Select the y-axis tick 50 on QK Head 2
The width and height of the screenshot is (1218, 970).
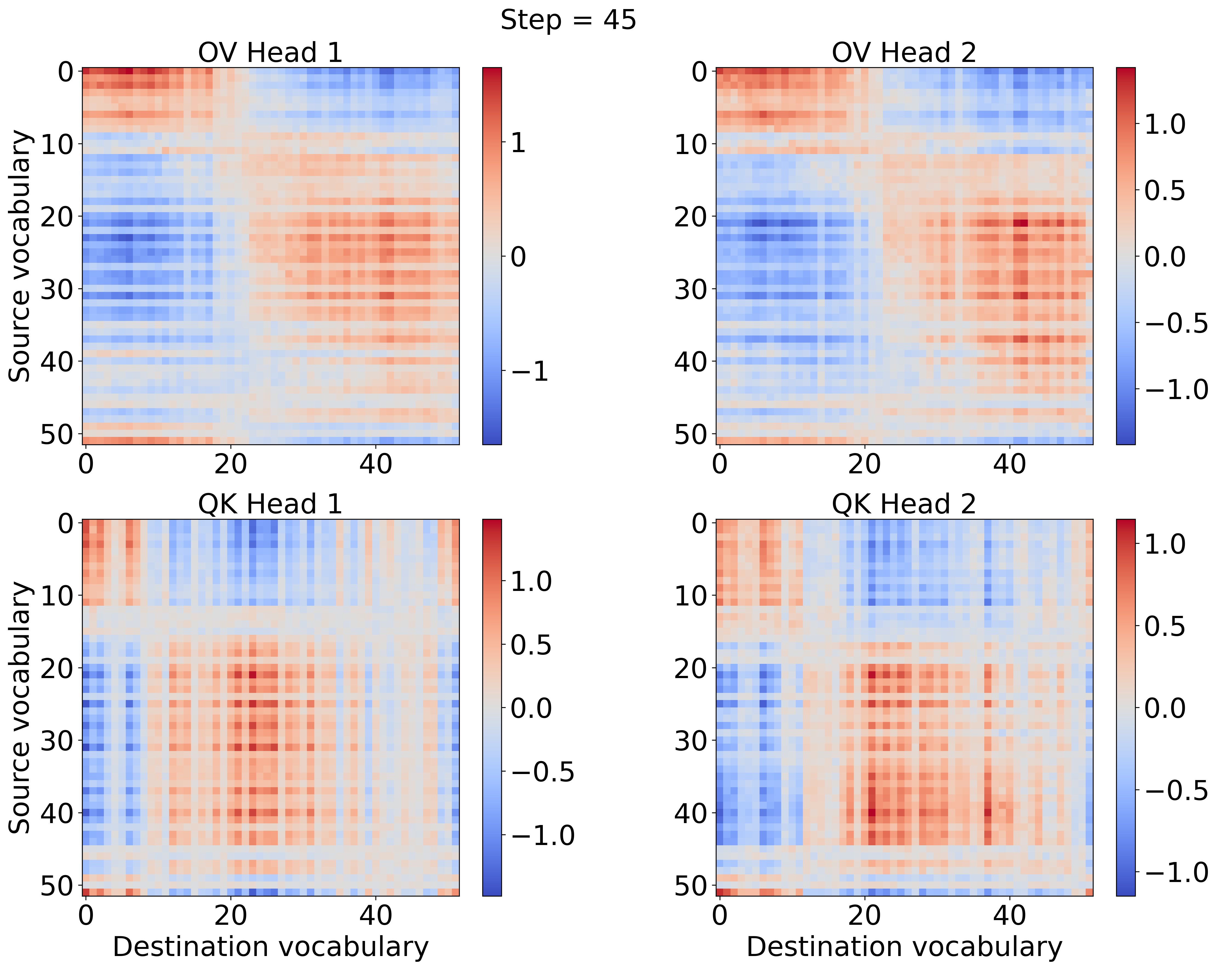pos(690,885)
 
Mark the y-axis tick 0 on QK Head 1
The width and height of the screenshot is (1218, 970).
pos(66,523)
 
